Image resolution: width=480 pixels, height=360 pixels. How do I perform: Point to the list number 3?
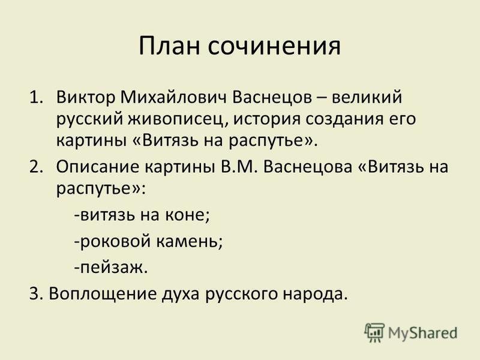(x=37, y=294)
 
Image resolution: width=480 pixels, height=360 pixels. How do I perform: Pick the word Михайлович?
(x=173, y=98)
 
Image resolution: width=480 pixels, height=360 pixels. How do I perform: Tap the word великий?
(x=367, y=98)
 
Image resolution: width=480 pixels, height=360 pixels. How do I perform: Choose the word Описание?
(x=97, y=167)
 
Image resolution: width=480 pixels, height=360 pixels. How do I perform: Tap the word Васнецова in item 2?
(x=307, y=167)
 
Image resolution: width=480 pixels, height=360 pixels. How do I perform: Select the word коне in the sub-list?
(x=187, y=215)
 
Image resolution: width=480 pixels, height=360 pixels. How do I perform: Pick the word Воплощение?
(x=103, y=294)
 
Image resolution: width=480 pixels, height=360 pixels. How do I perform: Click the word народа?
(x=316, y=294)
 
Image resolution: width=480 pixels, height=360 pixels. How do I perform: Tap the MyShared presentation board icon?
(x=374, y=332)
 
